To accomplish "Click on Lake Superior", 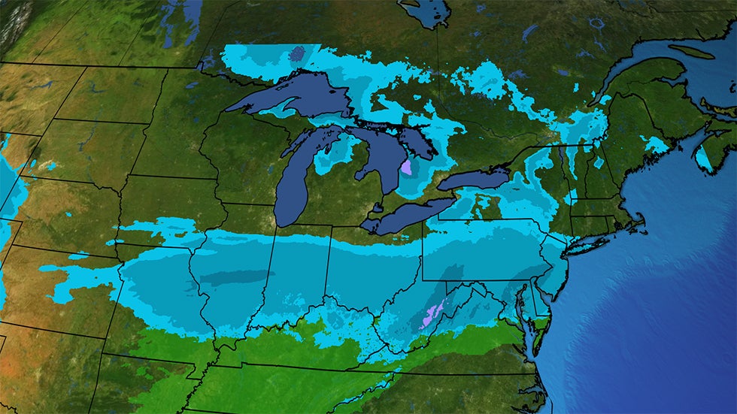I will pyautogui.click(x=293, y=98).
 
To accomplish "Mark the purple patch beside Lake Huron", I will pyautogui.click(x=407, y=166).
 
